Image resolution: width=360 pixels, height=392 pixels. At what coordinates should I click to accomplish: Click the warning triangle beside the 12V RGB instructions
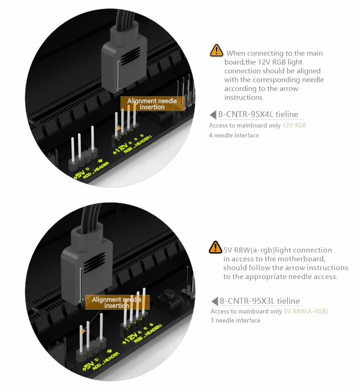(216, 50)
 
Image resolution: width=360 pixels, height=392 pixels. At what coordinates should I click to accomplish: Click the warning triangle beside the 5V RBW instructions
(215, 247)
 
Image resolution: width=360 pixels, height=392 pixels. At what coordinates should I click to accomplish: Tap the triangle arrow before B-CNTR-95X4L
(213, 115)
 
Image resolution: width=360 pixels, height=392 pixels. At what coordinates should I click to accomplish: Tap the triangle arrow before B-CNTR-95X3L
(215, 301)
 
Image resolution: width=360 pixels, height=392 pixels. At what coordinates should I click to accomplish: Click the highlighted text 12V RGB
(294, 125)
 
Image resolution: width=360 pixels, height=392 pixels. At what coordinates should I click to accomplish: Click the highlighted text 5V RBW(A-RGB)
(306, 311)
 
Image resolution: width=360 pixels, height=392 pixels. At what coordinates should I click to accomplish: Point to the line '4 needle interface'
(234, 135)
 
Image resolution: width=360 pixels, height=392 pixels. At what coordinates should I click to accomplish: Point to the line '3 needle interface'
(235, 320)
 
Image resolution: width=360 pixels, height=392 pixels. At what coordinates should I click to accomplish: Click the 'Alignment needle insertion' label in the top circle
(152, 104)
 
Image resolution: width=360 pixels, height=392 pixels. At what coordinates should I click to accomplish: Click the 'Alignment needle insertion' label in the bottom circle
(117, 303)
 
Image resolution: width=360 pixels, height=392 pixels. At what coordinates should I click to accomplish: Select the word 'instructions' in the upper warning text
(243, 97)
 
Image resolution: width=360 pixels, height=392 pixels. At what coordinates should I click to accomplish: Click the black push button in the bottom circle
(170, 299)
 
